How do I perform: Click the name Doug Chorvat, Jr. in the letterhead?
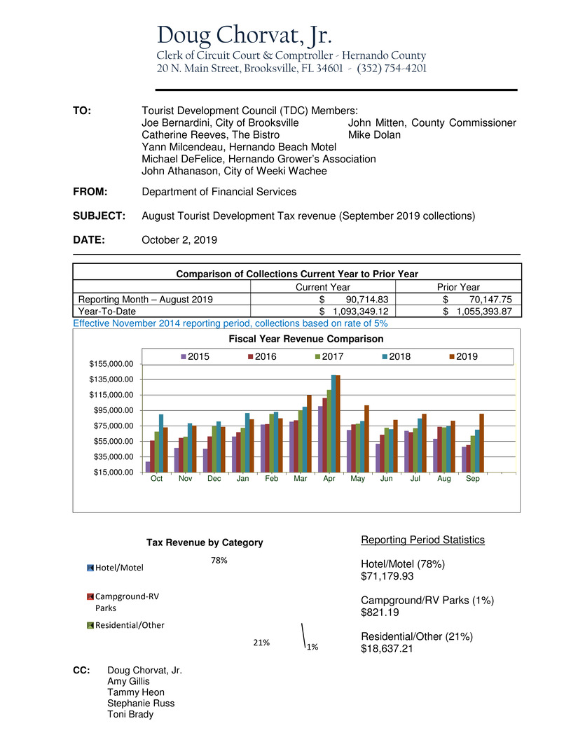244,34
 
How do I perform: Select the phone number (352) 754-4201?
392,69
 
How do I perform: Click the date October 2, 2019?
179,239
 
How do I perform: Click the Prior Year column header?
458,287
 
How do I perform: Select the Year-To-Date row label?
107,311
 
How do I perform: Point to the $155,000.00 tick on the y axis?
113,365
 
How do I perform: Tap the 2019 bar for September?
481,442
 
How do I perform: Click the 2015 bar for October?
148,466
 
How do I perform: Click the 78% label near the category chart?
219,561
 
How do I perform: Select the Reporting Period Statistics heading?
422,540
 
